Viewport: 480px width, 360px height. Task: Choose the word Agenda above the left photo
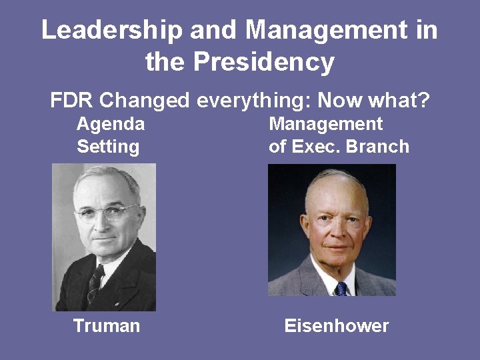click(111, 124)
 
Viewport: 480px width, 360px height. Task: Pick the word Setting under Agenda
click(108, 146)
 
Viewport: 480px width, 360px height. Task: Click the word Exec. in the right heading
click(316, 146)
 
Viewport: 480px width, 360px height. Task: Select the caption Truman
click(107, 326)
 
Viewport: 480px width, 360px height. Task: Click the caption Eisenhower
click(336, 326)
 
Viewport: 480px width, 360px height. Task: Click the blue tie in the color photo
click(341, 288)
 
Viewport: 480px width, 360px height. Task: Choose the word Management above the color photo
click(325, 124)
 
